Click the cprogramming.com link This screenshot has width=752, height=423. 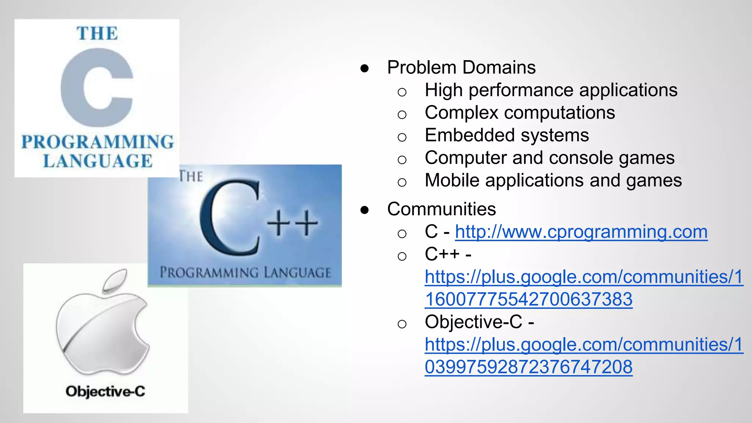tap(581, 232)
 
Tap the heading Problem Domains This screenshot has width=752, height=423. tap(461, 68)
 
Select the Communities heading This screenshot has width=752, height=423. tap(441, 209)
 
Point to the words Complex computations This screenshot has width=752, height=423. tap(520, 113)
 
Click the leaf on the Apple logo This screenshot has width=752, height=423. tap(115, 281)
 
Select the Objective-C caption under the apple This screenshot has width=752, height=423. tap(105, 391)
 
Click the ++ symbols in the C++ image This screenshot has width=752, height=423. tap(292, 223)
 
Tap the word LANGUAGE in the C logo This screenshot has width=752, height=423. tap(98, 161)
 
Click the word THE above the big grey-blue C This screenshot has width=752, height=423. tap(97, 33)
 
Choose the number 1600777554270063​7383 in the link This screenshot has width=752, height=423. tap(528, 300)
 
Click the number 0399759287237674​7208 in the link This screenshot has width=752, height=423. tap(528, 367)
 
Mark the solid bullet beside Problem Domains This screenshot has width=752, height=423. tap(364, 68)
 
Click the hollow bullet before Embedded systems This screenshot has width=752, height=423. tap(402, 137)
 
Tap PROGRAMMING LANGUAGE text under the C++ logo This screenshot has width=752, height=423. tap(245, 273)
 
